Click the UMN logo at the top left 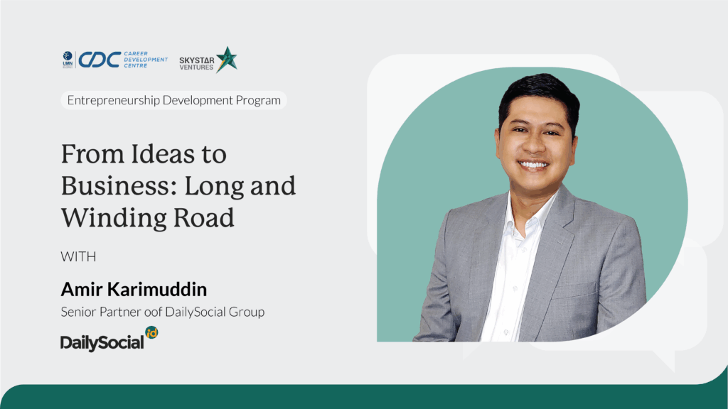68,60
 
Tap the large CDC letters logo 100,60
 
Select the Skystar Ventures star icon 227,60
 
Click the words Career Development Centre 146,60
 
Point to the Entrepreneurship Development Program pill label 173,100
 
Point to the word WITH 78,256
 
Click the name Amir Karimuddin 134,290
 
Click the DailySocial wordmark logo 102,342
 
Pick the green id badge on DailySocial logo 152,332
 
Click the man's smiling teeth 533,165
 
